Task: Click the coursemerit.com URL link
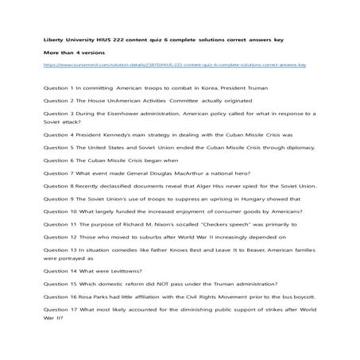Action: [175, 66]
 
